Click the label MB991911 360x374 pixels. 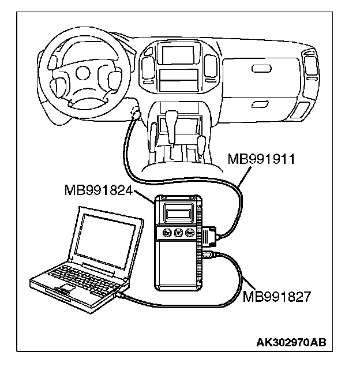261,159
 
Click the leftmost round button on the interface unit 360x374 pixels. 166,234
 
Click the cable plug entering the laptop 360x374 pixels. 122,296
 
